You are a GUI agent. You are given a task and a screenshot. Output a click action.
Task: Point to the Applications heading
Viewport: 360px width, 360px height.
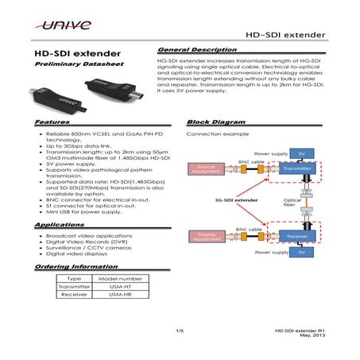[60, 226]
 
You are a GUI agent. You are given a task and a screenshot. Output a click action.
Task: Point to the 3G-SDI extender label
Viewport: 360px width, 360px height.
[234, 201]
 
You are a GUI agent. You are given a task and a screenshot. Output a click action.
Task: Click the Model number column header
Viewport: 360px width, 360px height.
[118, 278]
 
